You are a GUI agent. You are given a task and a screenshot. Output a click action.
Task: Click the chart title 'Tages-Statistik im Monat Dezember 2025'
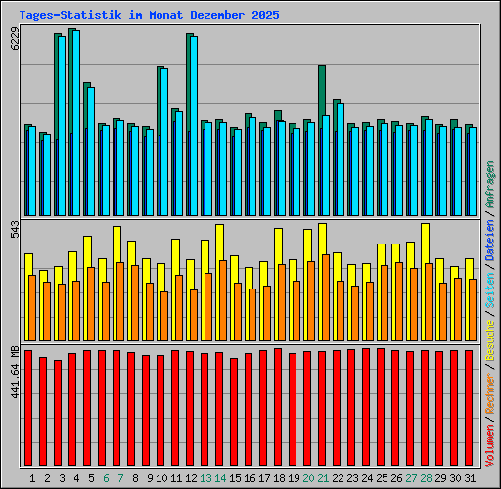click(149, 16)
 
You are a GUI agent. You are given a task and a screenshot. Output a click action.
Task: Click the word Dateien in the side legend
click(490, 243)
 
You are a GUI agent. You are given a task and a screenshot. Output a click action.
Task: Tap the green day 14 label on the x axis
click(220, 478)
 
